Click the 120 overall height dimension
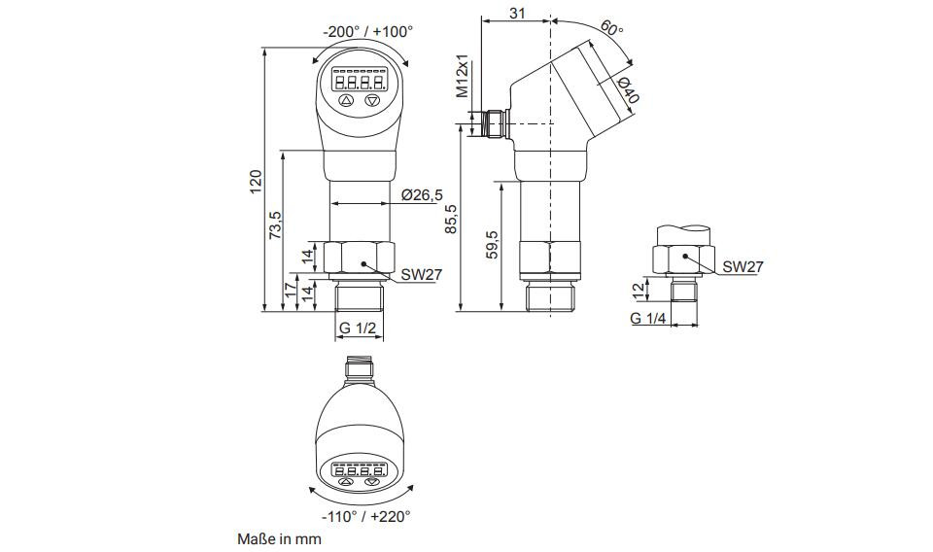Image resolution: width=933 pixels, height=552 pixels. tap(256, 182)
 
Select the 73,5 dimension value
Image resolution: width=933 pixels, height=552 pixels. tap(275, 224)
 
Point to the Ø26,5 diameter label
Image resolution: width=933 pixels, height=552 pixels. tap(422, 194)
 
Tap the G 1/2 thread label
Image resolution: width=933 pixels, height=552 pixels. tap(358, 328)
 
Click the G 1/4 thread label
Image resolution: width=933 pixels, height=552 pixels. tap(648, 318)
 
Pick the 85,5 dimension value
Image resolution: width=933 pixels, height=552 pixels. tap(452, 219)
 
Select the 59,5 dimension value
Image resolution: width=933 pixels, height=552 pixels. tap(492, 245)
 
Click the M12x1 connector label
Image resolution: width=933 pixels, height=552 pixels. tap(463, 78)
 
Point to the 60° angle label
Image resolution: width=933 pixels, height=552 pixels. tap(611, 27)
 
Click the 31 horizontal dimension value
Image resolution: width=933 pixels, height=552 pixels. tap(518, 13)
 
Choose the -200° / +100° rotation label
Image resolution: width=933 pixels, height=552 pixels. tap(367, 31)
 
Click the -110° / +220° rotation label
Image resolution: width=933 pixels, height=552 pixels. tap(366, 516)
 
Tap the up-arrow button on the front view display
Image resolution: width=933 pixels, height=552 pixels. tap(346, 100)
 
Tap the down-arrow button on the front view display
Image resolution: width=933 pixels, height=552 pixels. tap(373, 100)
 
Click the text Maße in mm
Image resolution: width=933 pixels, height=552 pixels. tap(279, 539)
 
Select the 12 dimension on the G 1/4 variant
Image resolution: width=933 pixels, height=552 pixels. tap(638, 290)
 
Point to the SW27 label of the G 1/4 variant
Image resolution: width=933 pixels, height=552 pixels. tap(743, 267)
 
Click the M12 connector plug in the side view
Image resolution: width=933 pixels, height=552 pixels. tap(495, 123)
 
